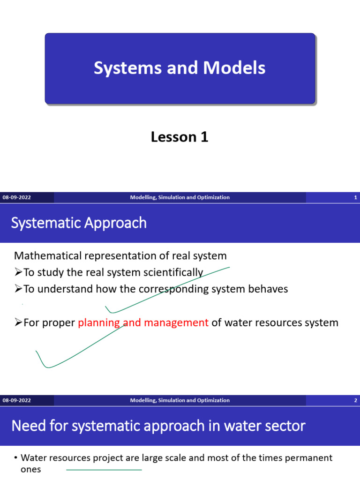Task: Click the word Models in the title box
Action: [x=234, y=68]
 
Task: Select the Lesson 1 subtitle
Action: [x=180, y=137]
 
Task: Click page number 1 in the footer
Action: [x=355, y=198]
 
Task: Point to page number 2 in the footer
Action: [x=355, y=401]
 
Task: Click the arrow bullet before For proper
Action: [x=18, y=322]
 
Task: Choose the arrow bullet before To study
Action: [x=18, y=273]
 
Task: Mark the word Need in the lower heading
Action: [x=27, y=426]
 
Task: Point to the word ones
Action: [x=31, y=469]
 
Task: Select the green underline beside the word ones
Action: [x=104, y=470]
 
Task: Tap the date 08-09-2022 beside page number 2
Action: [x=17, y=401]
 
